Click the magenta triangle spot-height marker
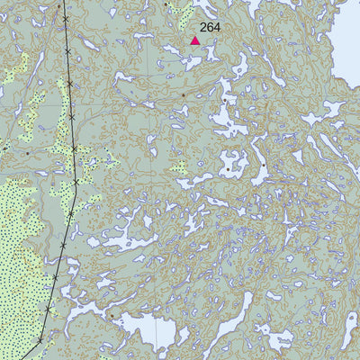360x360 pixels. click(195, 40)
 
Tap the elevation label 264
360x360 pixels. click(211, 27)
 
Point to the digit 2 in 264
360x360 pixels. click(203, 27)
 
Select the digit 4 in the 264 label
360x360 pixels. click(217, 27)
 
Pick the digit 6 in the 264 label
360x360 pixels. click(211, 27)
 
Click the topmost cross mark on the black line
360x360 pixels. click(65, 18)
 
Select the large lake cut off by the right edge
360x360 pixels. click(346, 40)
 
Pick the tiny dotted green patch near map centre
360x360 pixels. click(177, 167)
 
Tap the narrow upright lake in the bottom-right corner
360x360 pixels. click(349, 328)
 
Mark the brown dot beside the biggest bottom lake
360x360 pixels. click(112, 316)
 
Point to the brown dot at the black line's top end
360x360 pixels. click(60, 6)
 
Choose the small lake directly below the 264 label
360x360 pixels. click(197, 62)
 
